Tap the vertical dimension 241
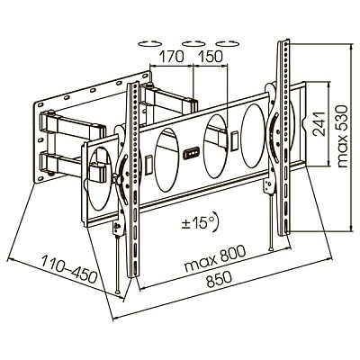317,129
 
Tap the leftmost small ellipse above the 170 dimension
148,41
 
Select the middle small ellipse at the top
192,41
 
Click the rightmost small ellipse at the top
229,41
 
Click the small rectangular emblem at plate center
192,154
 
